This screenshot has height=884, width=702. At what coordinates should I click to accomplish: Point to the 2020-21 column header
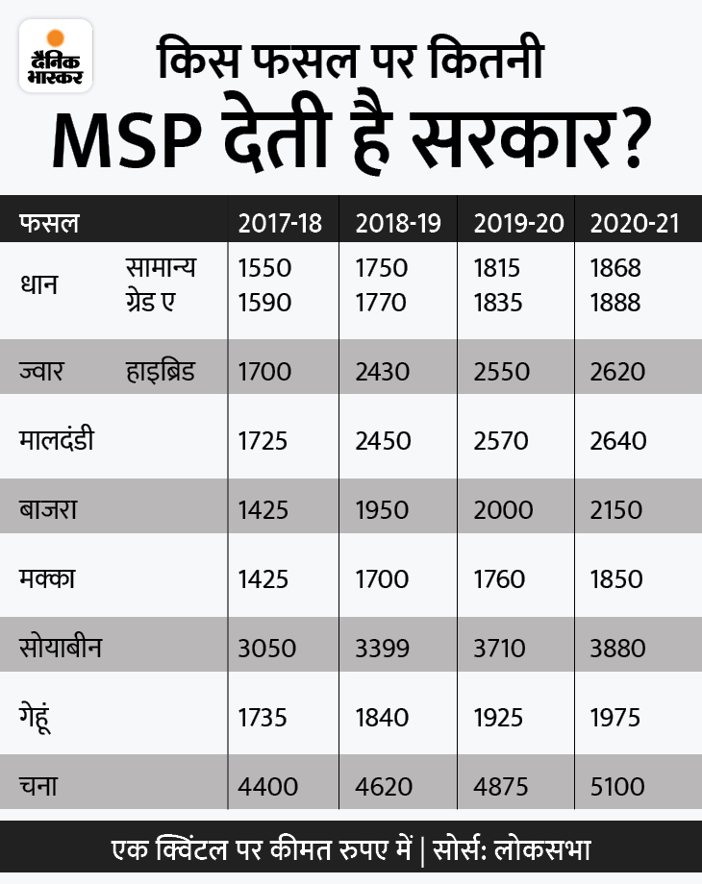pos(635,224)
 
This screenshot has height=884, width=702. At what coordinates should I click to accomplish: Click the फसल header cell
pos(49,224)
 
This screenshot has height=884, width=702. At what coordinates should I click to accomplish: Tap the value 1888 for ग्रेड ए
pos(615,302)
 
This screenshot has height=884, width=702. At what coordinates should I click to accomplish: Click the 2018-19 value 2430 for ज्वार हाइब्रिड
pos(382,371)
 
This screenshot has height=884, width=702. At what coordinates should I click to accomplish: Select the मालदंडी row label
pos(57,441)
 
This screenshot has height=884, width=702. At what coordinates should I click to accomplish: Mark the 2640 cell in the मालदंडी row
pos(617,441)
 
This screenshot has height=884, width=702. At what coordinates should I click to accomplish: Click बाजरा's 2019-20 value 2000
pos(499,510)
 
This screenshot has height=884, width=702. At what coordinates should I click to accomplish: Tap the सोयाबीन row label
pos(61,648)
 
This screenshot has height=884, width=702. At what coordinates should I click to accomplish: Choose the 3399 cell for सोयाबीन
pos(382,649)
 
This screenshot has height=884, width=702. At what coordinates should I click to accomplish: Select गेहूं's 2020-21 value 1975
pos(616,718)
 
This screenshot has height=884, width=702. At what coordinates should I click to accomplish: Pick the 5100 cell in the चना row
pos(616,787)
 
